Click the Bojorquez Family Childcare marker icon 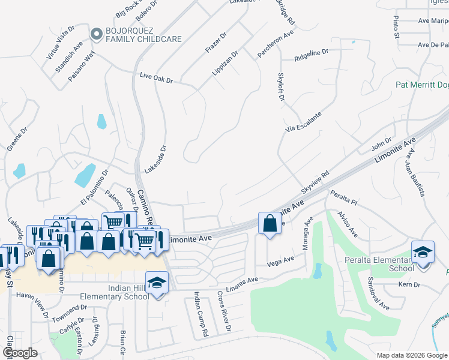[95, 35]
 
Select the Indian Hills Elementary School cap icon [157, 281]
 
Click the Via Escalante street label [304, 121]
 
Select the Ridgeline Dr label [312, 56]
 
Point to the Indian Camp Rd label [200, 314]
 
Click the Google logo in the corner [20, 353]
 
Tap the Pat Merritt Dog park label [421, 85]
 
